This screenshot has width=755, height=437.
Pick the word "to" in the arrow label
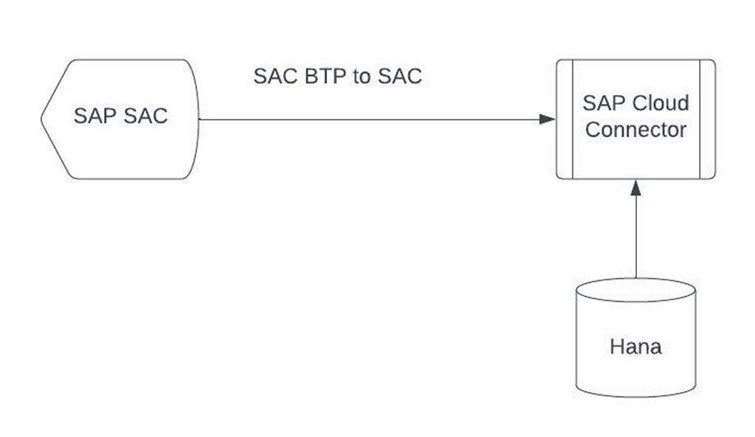coord(362,77)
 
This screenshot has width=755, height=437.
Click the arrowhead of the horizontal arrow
coord(547,119)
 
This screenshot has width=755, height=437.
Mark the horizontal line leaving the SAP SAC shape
coord(369,119)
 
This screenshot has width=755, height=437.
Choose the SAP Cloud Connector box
coord(635,156)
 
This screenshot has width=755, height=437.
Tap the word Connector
coord(635,130)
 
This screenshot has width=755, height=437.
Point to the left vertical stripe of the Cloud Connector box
coord(564,119)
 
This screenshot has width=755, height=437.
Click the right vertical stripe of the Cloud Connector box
coord(707,119)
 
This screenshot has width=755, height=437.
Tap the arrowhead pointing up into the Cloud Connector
coord(635,187)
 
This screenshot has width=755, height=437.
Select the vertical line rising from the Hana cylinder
coord(635,238)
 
